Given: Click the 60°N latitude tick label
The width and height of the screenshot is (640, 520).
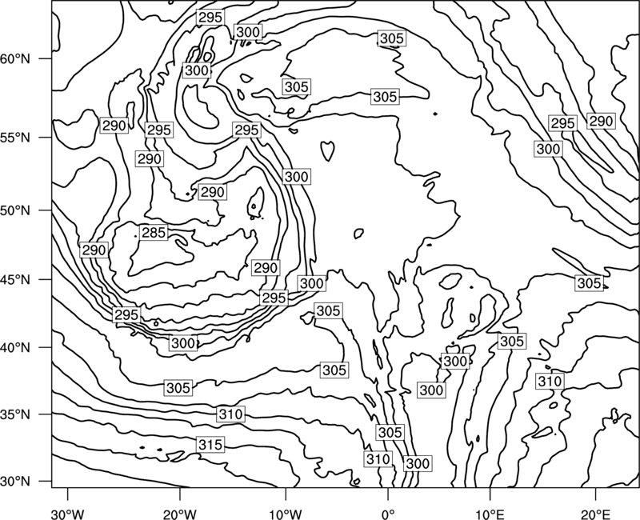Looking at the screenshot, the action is coord(15,59).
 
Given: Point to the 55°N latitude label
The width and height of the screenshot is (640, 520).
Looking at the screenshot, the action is coord(15,138).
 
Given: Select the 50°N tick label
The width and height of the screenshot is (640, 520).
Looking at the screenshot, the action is coord(15,211).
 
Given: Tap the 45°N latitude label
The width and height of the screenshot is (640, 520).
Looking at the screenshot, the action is coord(15,280).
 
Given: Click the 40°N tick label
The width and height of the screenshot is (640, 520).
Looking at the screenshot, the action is coord(15,348).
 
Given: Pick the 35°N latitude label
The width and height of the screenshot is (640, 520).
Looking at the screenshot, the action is coord(15,414).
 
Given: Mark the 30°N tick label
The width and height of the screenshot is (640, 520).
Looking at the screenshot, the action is coord(15,482).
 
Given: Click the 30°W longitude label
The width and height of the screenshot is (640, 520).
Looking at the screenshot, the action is coord(67,514).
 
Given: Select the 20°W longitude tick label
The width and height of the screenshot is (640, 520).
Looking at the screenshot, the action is coord(179,514).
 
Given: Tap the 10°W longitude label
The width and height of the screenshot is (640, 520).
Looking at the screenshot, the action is coord(286,514).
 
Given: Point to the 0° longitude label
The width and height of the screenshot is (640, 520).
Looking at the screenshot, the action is coord(388,514).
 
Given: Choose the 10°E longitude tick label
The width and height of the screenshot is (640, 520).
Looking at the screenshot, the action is coord(490,514).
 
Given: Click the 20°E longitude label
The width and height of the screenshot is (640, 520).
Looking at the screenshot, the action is coord(595,514).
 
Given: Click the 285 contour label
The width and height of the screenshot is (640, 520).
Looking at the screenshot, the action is coord(154,233).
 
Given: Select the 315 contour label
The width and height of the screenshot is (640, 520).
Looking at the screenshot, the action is coord(210,445).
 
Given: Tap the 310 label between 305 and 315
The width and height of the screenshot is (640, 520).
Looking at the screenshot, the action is coord(231,414).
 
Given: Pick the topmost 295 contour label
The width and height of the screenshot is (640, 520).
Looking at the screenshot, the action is coord(210,17).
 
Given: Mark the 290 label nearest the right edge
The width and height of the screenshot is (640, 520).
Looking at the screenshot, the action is coord(601,121).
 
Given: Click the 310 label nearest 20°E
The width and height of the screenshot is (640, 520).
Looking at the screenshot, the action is coord(550,382).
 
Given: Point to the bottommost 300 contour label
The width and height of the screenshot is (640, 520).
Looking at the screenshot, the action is coord(418,463).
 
